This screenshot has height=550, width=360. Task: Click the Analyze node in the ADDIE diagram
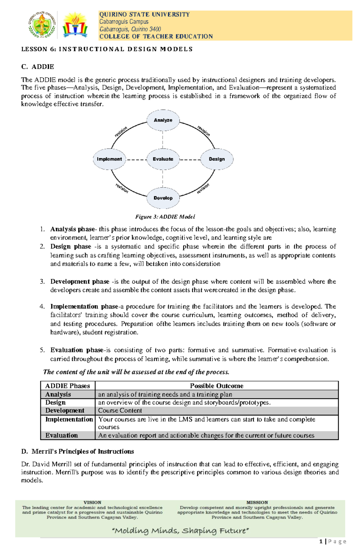pos(163,120)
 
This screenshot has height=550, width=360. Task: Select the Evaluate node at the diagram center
pos(163,159)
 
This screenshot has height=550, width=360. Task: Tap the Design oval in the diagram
pos(217,159)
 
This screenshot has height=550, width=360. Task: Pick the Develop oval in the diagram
pos(163,198)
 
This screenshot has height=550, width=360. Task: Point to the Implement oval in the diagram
pos(109,159)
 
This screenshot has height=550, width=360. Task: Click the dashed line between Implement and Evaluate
pos(136,160)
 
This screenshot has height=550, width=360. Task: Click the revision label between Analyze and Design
pos(204,131)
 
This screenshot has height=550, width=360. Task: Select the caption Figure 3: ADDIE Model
pos(165,217)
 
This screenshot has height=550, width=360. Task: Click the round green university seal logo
pos(42,25)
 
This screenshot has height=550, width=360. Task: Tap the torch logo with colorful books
pos(75,25)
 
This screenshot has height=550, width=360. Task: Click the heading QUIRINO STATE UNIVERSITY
pos(144,14)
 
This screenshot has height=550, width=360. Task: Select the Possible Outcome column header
pos(216,386)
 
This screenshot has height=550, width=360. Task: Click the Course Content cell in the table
pos(120,411)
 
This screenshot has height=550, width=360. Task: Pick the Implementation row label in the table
pos(69,419)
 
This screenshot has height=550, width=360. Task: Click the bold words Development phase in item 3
pos(80,282)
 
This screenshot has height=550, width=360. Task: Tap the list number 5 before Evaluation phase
pos(42,350)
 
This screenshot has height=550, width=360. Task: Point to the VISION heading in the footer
pos(92,502)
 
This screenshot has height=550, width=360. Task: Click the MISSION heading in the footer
pos(257,502)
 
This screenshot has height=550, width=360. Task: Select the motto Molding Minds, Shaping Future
pos(180,531)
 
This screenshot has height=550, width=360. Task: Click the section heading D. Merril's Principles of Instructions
pos(78,451)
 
